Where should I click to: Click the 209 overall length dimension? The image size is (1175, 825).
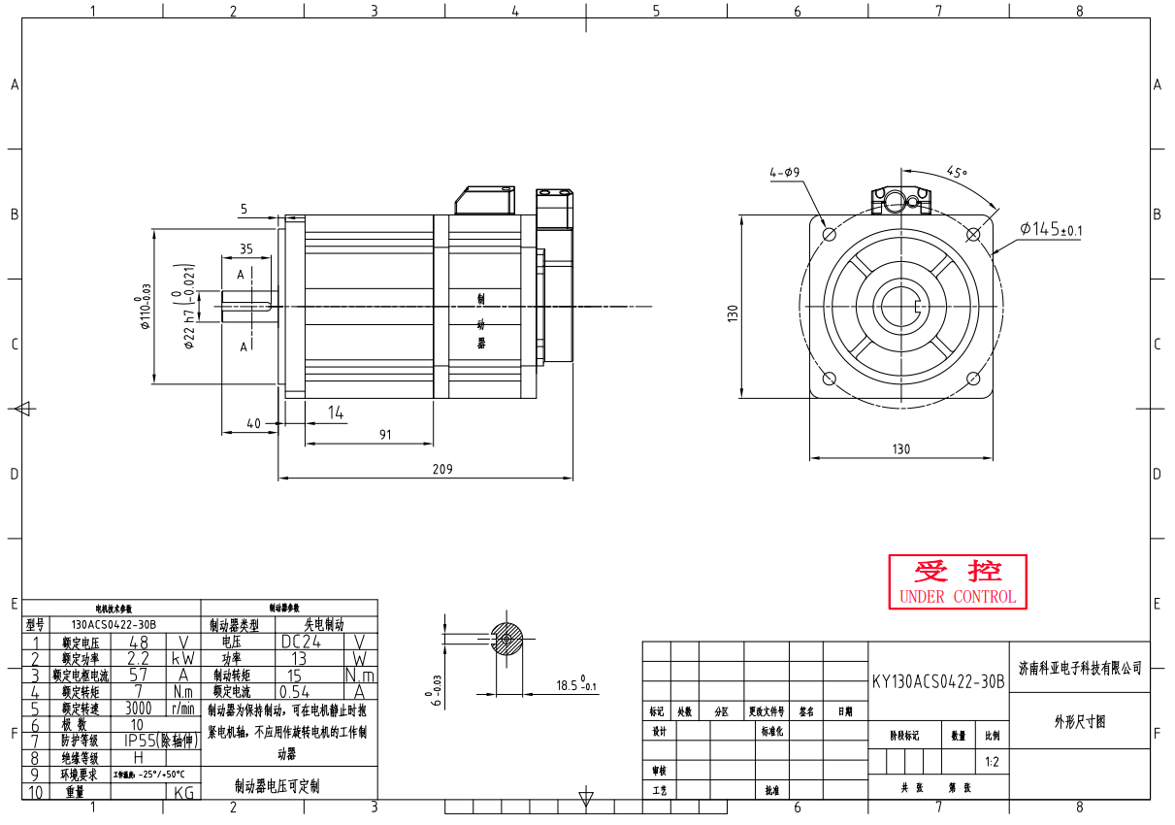(x=441, y=469)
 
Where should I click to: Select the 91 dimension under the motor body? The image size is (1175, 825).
(x=385, y=435)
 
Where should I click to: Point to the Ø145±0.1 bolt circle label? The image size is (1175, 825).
(x=1051, y=229)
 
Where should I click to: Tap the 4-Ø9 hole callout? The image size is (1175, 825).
(x=784, y=173)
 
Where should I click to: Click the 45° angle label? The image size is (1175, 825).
(x=957, y=172)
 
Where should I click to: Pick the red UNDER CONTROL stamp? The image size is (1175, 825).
(x=958, y=582)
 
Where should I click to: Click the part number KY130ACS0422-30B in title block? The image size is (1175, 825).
(x=937, y=682)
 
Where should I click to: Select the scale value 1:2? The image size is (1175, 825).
(x=992, y=762)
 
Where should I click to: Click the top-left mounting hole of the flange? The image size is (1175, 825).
(x=830, y=235)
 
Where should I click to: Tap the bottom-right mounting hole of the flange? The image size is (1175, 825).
(x=973, y=379)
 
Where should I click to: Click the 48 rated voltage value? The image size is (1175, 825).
(x=139, y=642)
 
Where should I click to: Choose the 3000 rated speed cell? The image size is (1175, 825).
(x=139, y=709)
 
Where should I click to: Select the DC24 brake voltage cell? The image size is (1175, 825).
(x=303, y=642)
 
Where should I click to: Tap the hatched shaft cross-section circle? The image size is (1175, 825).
(x=507, y=639)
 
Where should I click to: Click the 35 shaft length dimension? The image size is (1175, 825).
(x=245, y=249)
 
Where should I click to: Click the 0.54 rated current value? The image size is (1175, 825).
(x=295, y=692)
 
